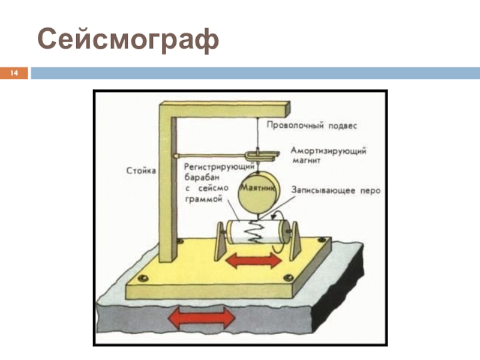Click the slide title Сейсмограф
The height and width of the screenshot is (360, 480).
(x=128, y=39)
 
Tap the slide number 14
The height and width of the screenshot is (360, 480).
(x=14, y=74)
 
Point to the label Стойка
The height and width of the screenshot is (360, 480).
(x=142, y=170)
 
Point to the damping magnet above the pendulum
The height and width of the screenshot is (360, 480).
(x=263, y=155)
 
